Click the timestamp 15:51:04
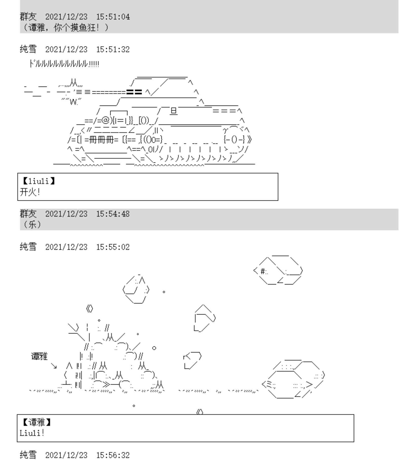pyautogui.click(x=113, y=17)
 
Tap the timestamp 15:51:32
pyautogui.click(x=113, y=50)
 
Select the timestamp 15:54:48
pyautogui.click(x=113, y=214)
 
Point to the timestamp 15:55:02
pyautogui.click(x=113, y=247)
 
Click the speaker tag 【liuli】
pyautogui.click(x=39, y=181)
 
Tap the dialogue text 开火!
pyautogui.click(x=30, y=192)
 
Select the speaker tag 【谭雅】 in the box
pyautogui.click(x=37, y=422)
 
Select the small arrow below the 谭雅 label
pyautogui.click(x=54, y=366)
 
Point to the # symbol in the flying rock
pyautogui.click(x=263, y=271)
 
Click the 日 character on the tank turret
pyautogui.click(x=174, y=111)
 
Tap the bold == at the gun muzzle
pyautogui.click(x=134, y=92)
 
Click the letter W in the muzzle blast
pyautogui.click(x=73, y=102)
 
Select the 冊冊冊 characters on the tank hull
pyautogui.click(x=102, y=140)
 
